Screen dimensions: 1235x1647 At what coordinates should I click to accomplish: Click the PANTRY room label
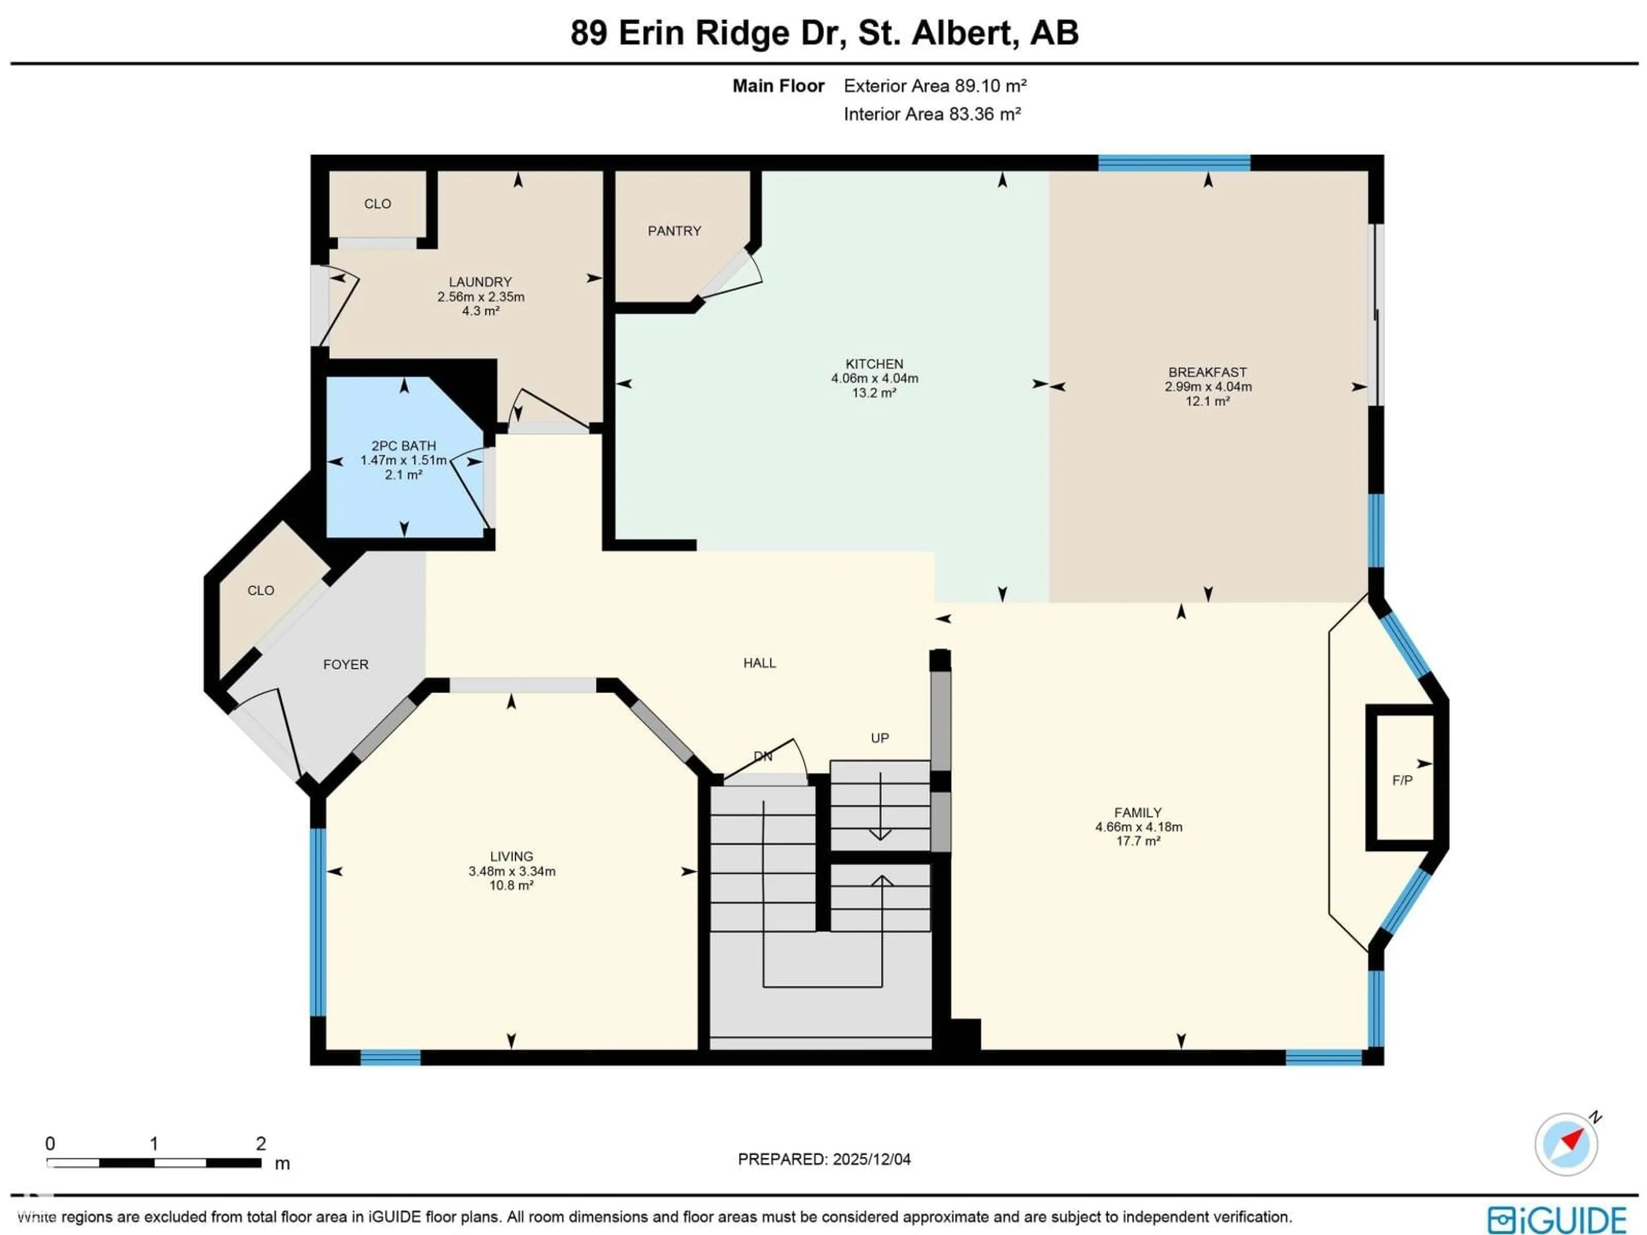tap(674, 231)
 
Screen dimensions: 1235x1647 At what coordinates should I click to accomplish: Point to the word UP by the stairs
tap(879, 738)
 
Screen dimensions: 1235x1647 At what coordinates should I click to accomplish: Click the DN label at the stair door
tap(763, 756)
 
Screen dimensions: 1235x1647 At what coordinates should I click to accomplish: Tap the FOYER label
tap(345, 664)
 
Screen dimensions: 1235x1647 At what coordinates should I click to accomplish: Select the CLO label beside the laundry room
tap(377, 204)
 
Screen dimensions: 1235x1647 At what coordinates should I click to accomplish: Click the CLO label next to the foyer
tap(261, 590)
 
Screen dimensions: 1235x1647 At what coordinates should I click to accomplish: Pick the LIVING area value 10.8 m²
tap(512, 885)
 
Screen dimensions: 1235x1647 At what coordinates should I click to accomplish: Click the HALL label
tap(760, 663)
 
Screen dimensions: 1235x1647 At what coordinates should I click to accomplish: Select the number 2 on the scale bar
tap(261, 1143)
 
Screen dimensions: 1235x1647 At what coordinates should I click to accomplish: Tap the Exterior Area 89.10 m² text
tap(935, 86)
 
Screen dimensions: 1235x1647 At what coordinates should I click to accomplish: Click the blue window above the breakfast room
tap(1174, 163)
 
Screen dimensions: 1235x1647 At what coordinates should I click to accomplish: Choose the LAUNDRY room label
tap(480, 282)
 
